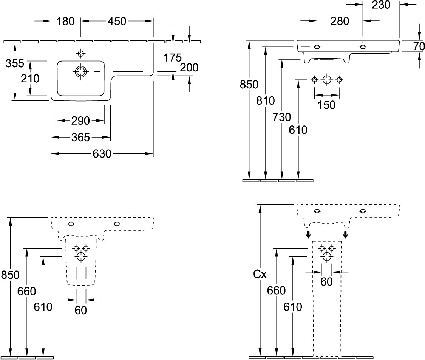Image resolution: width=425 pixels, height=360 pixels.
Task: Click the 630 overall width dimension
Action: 102,154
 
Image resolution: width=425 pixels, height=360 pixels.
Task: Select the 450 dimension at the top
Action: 117,22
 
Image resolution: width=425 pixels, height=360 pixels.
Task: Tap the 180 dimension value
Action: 66,22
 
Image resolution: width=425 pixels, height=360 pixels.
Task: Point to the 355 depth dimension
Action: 15,63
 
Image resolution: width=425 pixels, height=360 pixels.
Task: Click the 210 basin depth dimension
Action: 31,79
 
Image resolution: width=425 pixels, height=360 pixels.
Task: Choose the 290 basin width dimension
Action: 80,121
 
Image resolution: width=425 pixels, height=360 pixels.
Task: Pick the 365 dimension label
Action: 80,137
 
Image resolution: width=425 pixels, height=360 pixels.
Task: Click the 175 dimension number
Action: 173,58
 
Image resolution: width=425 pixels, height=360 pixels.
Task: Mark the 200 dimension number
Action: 189,67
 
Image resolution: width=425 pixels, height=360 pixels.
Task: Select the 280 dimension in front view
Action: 340,22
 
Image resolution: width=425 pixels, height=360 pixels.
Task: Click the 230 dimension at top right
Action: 381,5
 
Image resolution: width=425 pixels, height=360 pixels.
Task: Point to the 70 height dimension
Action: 419,46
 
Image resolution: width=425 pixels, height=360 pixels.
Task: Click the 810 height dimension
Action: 266,101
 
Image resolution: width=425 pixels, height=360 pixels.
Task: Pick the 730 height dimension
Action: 283,117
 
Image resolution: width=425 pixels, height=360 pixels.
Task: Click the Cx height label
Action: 260,275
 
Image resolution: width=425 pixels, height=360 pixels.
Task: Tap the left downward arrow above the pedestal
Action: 308,235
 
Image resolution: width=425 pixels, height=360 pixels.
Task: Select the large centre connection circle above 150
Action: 326,79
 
